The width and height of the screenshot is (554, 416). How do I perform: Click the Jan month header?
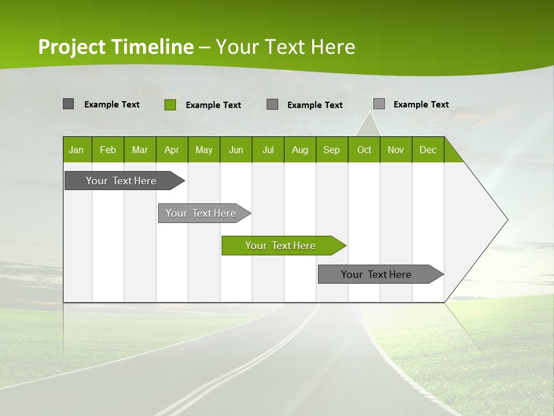pos(77,150)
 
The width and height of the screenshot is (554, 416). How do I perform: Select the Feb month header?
pos(108,150)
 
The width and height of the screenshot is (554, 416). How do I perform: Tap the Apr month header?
pos(171,150)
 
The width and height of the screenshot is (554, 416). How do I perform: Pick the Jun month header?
pos(236,150)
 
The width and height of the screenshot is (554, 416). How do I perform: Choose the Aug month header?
pos(300,150)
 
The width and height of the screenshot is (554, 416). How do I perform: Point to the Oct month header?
pos(364,150)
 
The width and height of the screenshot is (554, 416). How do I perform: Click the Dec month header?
pos(428,150)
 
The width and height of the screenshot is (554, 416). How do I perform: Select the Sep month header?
pos(332,150)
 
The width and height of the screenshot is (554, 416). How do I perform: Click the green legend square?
pos(170,105)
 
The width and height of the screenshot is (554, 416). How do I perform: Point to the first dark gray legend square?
pos(68,104)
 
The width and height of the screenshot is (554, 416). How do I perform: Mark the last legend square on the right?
pos(379,104)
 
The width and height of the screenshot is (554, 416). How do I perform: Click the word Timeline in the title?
pos(152,47)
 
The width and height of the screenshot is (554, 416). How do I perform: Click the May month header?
pos(204,150)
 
